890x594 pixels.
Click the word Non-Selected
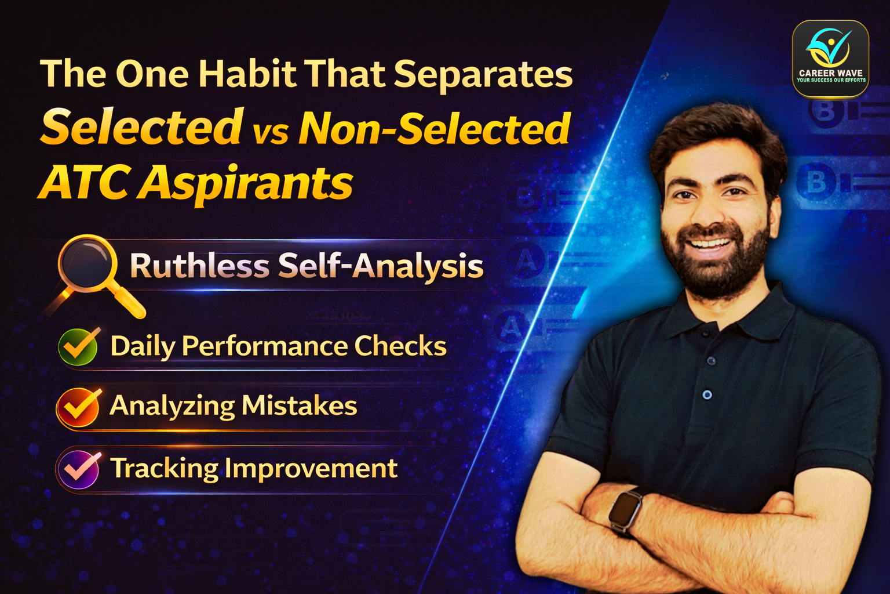(x=435, y=128)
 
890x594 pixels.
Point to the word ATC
(x=85, y=182)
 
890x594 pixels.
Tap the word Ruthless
(x=199, y=266)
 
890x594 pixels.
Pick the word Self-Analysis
(x=381, y=266)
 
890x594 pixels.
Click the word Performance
(x=264, y=346)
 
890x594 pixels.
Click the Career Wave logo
(x=830, y=58)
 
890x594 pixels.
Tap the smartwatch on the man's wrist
(x=625, y=511)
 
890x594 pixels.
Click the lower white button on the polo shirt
(x=707, y=395)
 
